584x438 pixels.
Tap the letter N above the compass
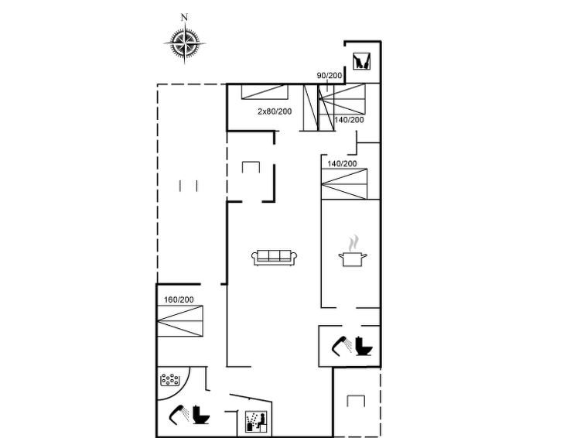(184, 17)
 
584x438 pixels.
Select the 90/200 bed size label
(329, 75)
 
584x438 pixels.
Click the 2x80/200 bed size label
(275, 112)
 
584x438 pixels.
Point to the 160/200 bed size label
(179, 299)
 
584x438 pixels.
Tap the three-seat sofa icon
(275, 257)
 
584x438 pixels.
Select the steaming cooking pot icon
(353, 255)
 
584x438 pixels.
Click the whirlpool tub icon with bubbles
(171, 380)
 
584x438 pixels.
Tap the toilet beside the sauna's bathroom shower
(201, 416)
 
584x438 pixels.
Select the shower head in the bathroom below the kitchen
(341, 343)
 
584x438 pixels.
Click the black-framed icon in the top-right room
(361, 61)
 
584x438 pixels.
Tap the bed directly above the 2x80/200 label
(265, 92)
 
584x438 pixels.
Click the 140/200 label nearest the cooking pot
(341, 164)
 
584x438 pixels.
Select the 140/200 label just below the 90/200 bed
(349, 120)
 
